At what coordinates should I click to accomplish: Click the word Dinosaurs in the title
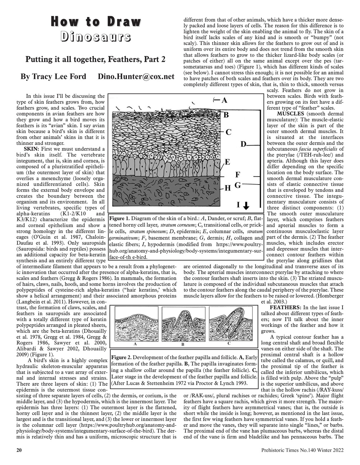(x=95, y=37)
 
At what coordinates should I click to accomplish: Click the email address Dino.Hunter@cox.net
(x=136, y=76)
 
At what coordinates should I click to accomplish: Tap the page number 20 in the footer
(x=20, y=450)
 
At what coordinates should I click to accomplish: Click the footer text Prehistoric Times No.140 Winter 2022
(x=302, y=450)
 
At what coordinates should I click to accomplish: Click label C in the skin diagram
(x=228, y=132)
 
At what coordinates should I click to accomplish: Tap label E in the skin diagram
(x=227, y=162)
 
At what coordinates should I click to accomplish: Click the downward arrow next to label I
(x=246, y=206)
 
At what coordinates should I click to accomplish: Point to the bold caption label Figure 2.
(x=121, y=357)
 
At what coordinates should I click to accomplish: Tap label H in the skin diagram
(x=228, y=188)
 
